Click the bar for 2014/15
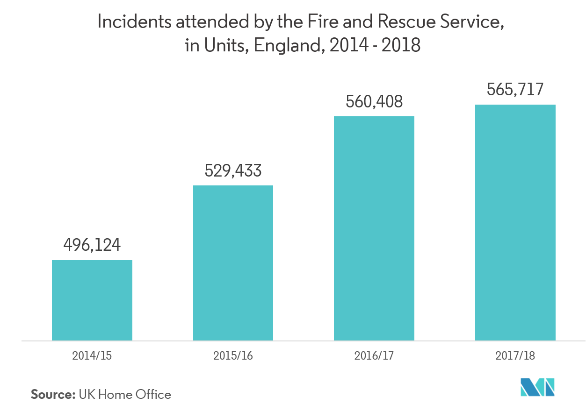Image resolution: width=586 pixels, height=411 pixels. (92, 300)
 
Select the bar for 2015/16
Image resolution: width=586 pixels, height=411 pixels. (233, 262)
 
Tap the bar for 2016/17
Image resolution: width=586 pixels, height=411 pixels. (374, 228)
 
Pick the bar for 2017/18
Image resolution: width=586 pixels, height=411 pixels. (515, 222)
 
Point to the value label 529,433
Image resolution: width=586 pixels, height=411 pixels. (233, 171)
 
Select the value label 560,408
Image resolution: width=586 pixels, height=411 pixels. (374, 102)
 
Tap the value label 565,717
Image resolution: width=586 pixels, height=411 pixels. (515, 89)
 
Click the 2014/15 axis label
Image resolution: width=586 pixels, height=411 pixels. (92, 355)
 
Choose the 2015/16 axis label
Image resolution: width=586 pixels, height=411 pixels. (233, 355)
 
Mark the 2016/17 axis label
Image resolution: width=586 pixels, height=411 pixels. (374, 355)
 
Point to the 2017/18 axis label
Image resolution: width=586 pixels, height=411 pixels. (515, 355)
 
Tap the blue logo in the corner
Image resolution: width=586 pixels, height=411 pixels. (537, 387)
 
